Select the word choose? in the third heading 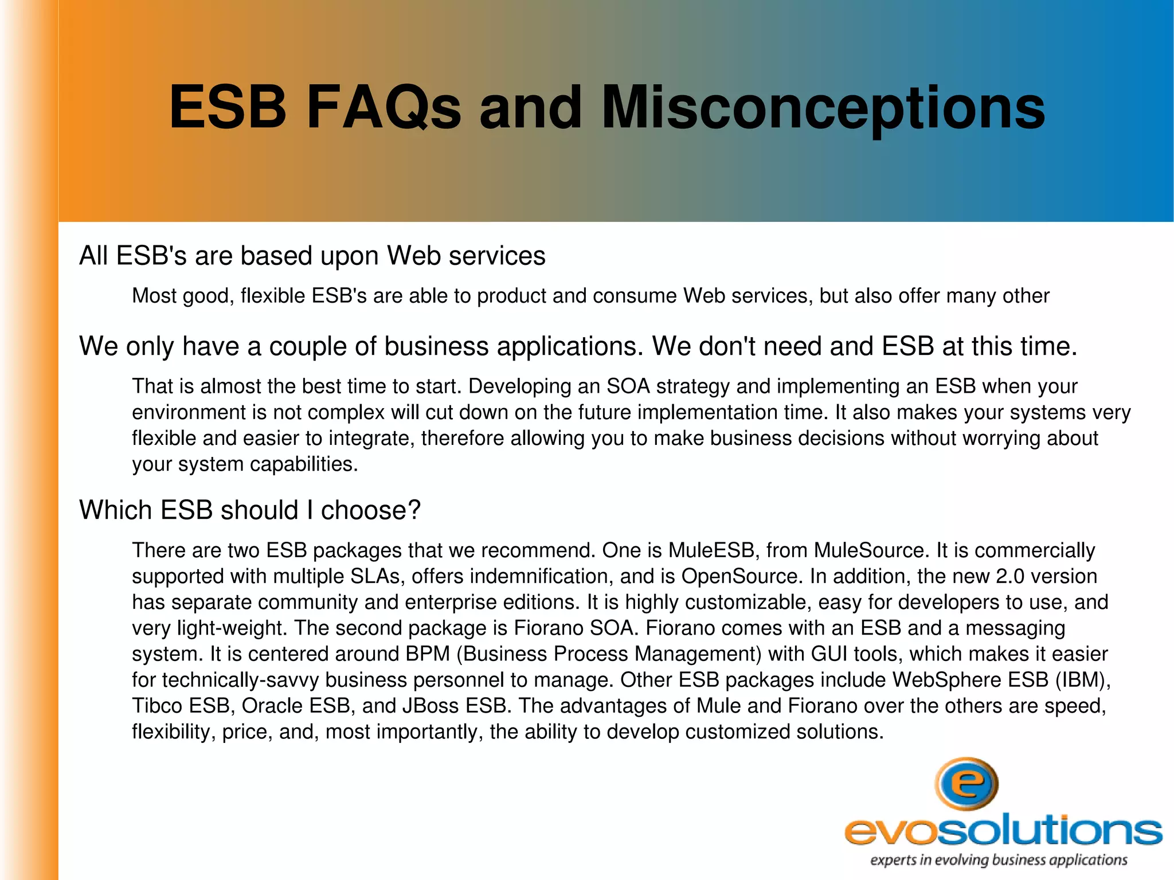370,510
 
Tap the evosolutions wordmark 1003,831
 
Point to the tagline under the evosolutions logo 999,860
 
